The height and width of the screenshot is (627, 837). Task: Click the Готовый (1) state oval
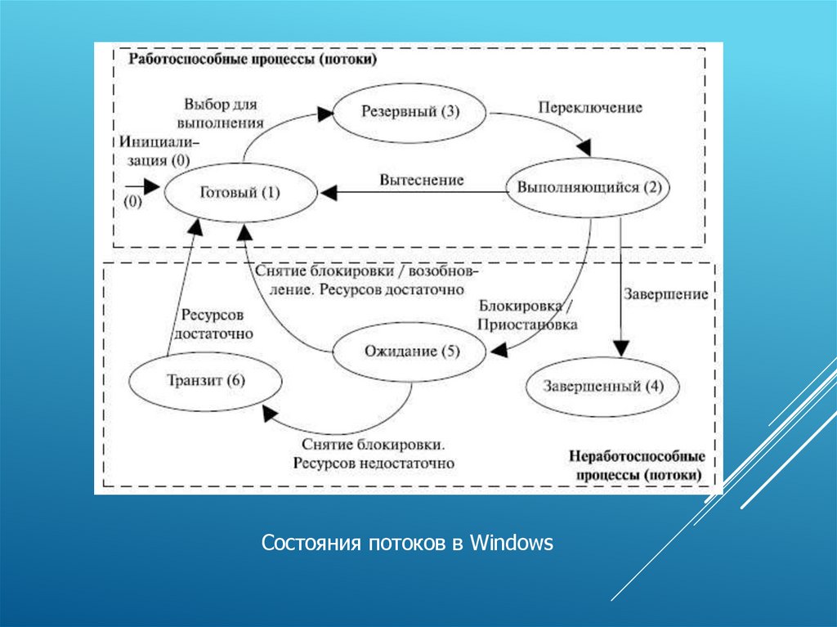[239, 194]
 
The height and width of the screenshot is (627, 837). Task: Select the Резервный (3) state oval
[410, 112]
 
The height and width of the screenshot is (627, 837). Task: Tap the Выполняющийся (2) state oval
[587, 187]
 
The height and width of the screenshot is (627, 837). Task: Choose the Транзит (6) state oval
[205, 380]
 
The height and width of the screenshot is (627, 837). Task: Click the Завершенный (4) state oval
[602, 386]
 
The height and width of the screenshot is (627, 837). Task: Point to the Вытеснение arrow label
[421, 179]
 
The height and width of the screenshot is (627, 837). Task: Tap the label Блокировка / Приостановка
[528, 316]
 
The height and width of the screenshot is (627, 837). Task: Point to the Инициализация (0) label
[159, 151]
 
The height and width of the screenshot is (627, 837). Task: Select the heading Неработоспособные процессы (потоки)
[636, 465]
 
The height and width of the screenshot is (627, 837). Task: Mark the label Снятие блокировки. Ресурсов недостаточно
[372, 454]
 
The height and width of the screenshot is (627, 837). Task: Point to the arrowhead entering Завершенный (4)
[622, 349]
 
